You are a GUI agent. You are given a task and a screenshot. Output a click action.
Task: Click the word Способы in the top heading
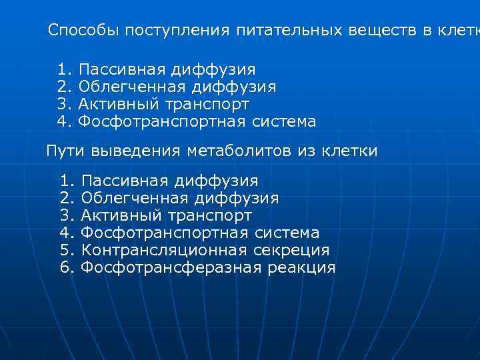(85, 31)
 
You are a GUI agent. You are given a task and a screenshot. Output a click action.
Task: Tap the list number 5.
(66, 250)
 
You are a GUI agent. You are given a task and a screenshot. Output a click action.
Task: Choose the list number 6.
(66, 268)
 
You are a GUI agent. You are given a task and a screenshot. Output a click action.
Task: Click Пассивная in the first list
(121, 69)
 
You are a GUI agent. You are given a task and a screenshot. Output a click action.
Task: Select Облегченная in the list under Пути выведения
(133, 198)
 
